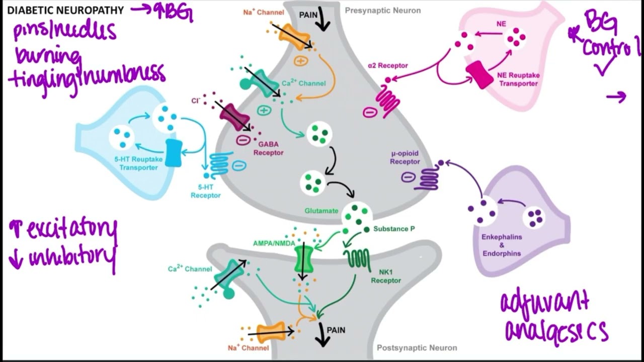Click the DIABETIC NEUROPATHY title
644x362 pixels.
pos(65,10)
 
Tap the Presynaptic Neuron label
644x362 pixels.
pos(382,10)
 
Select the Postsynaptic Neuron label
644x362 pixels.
pos(417,347)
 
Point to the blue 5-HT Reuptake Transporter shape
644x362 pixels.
pos(173,153)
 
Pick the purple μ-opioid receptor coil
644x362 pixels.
pos(426,177)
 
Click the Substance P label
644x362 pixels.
pos(394,229)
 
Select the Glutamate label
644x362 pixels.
pos(321,211)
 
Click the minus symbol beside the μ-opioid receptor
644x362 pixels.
pos(408,177)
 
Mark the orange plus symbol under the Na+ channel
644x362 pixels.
pos(300,61)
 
